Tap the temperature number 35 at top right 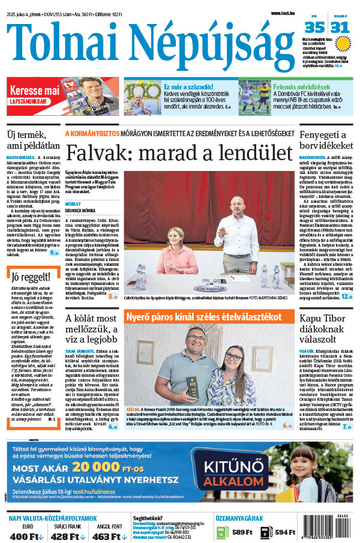click(314, 27)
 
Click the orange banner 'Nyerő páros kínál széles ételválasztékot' click(203, 316)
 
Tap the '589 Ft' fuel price click(242, 532)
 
